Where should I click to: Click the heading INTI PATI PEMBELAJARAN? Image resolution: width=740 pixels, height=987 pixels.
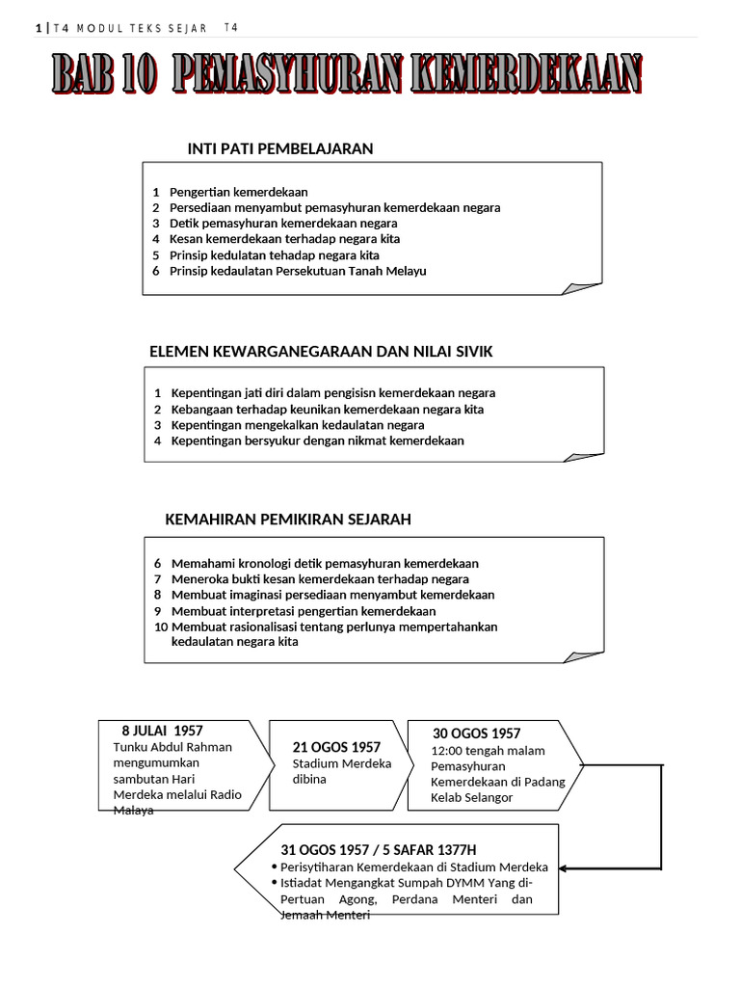point(279,148)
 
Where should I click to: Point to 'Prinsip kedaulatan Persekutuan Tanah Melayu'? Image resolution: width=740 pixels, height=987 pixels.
point(298,271)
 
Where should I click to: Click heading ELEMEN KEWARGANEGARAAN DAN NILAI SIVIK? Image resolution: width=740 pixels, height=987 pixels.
point(321,352)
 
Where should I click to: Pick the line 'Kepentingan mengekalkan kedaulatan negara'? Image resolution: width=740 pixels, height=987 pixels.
point(297,425)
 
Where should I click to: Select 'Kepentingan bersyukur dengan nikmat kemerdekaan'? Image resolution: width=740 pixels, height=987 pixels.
point(317,440)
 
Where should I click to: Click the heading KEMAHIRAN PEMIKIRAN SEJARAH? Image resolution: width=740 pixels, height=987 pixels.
point(288,520)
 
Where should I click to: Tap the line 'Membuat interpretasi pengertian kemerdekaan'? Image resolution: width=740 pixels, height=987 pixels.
point(303,611)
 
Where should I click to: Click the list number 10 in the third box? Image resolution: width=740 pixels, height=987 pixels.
point(160,627)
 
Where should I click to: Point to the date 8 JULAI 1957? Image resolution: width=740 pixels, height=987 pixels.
point(162,731)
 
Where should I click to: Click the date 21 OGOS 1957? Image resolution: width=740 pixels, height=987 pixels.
point(336,747)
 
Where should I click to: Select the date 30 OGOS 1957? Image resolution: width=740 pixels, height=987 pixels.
point(476,734)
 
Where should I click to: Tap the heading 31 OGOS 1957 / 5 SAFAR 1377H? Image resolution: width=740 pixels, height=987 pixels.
point(378,850)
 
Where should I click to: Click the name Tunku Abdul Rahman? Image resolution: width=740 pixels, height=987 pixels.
point(172,747)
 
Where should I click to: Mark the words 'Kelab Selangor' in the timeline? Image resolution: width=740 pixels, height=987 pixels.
point(472,797)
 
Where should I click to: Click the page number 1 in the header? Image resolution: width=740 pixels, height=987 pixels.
point(38,28)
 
